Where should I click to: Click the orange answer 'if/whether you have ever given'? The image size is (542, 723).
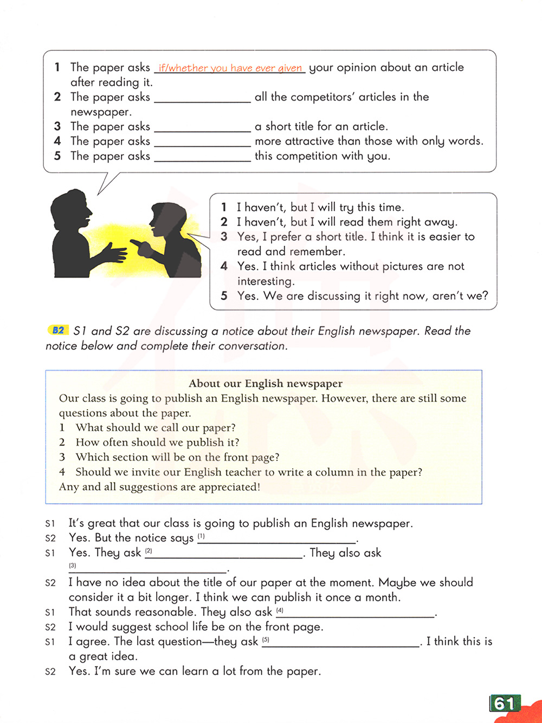[x=230, y=68]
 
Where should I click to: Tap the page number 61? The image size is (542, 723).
[x=504, y=703]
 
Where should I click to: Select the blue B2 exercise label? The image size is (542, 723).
[x=59, y=331]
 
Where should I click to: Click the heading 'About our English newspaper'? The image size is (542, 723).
[x=266, y=384]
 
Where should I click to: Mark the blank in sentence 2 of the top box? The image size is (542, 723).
[x=203, y=98]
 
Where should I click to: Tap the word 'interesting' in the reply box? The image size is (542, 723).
[x=265, y=281]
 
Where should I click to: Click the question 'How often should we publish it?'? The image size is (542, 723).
[x=157, y=443]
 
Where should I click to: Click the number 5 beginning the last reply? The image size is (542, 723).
[x=224, y=296]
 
